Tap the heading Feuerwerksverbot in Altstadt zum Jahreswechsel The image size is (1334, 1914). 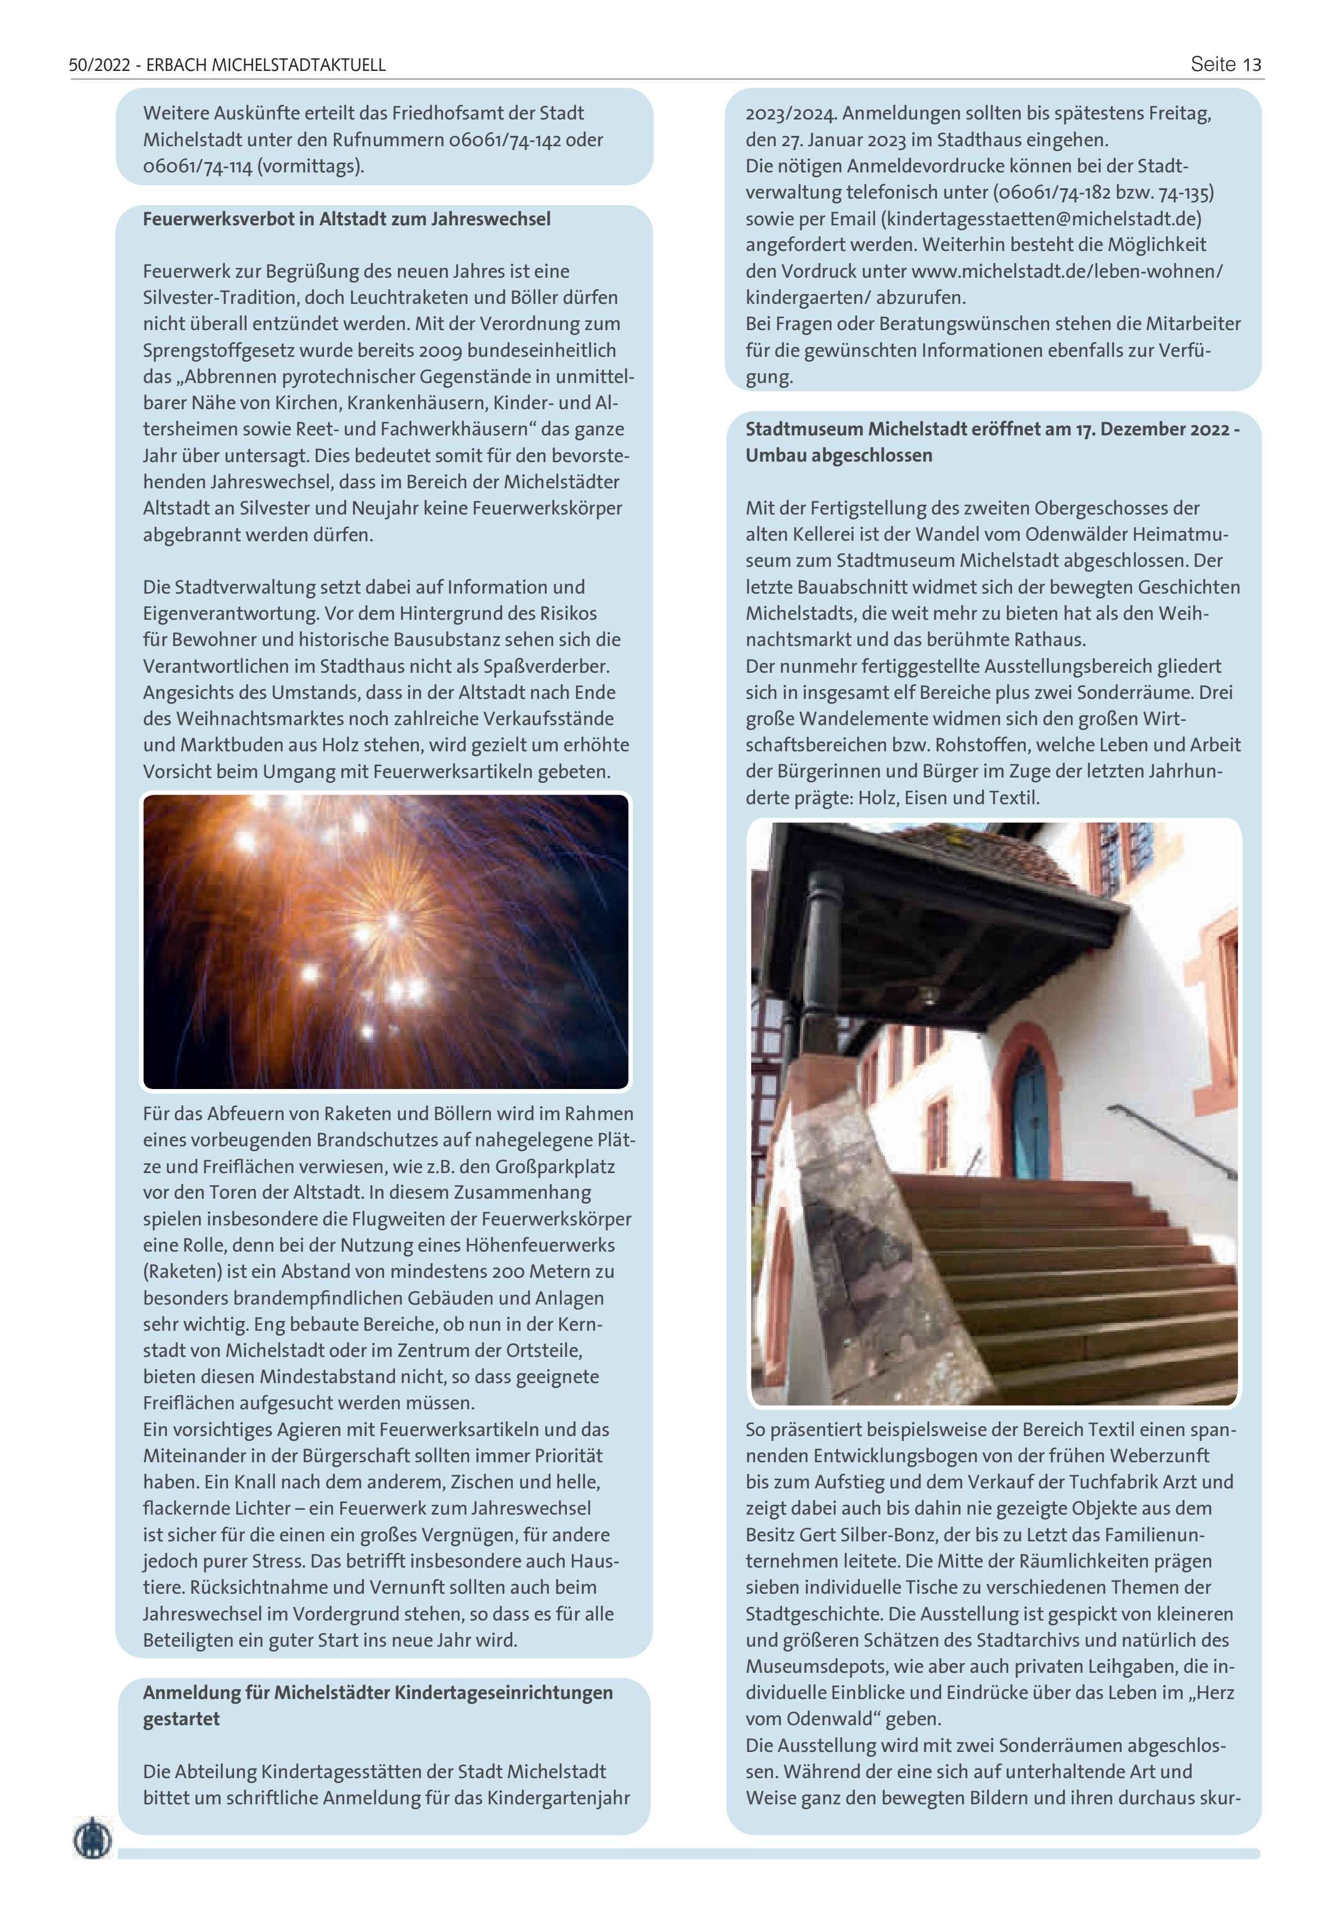[x=347, y=219]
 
